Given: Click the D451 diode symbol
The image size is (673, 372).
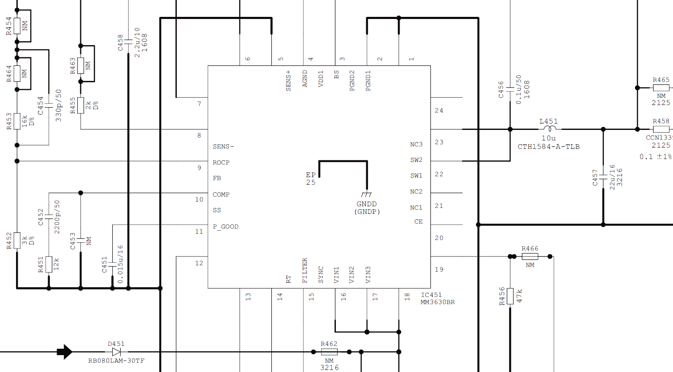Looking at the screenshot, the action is pyautogui.click(x=116, y=352).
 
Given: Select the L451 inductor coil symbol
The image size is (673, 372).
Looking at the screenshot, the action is pyautogui.click(x=550, y=129).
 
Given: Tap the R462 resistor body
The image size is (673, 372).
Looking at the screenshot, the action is pyautogui.click(x=329, y=352).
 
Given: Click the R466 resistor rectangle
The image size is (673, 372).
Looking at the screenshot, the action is pyautogui.click(x=530, y=256).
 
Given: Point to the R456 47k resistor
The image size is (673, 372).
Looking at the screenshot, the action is pyautogui.click(x=510, y=296).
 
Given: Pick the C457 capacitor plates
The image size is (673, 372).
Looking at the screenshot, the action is pyautogui.click(x=603, y=177).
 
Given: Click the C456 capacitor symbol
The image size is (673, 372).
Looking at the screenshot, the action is pyautogui.click(x=510, y=89).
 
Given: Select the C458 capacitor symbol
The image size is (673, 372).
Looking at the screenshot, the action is pyautogui.click(x=128, y=41).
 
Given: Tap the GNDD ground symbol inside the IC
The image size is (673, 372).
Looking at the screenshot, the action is pyautogui.click(x=367, y=194).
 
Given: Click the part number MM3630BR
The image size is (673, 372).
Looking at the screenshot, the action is pyautogui.click(x=438, y=302).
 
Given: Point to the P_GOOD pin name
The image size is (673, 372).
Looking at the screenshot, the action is pyautogui.click(x=226, y=226).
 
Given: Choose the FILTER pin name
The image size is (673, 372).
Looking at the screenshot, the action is pyautogui.click(x=305, y=270).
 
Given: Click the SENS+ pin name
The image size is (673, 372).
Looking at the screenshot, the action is pyautogui.click(x=289, y=81).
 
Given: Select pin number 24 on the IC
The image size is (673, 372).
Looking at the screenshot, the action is pyautogui.click(x=439, y=111).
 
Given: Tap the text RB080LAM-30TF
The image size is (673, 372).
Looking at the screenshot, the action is pyautogui.click(x=116, y=361).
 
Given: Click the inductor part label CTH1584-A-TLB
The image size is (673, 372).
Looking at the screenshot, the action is pyautogui.click(x=549, y=146).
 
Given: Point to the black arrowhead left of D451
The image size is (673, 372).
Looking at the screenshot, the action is pyautogui.click(x=65, y=352).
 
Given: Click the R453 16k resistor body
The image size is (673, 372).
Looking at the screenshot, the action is pyautogui.click(x=17, y=121).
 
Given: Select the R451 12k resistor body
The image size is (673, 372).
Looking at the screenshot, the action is pyautogui.click(x=49, y=264).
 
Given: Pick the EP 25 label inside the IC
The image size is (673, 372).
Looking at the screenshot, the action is pyautogui.click(x=311, y=179).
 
